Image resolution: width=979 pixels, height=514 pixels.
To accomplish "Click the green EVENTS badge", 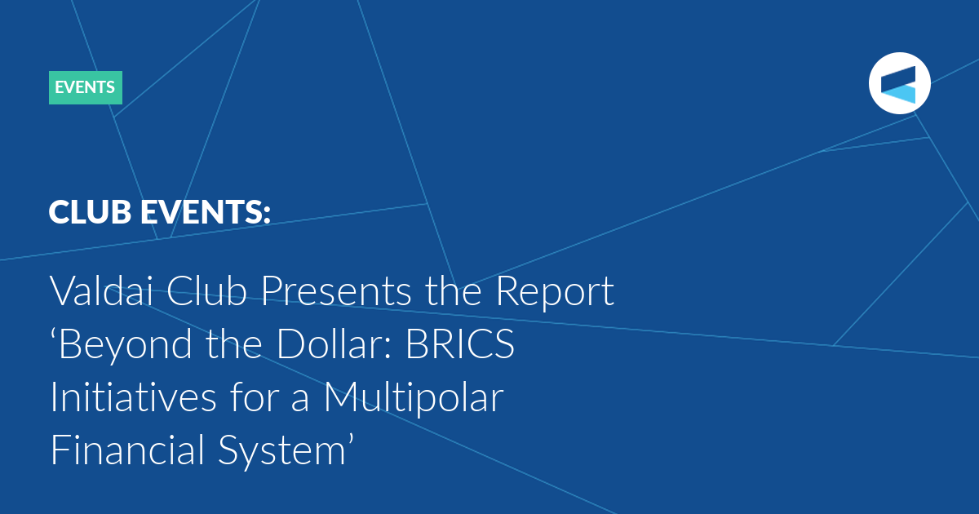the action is (85, 87).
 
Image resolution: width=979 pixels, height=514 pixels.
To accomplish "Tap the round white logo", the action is (899, 83).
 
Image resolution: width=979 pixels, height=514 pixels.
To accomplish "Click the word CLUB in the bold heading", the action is (90, 212).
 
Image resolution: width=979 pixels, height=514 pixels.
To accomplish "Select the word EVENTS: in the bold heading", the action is (206, 212).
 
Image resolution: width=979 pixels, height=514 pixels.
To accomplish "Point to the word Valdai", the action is (101, 290).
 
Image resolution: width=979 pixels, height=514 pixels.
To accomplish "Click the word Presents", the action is (336, 290).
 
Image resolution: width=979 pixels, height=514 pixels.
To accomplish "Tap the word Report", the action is (555, 294).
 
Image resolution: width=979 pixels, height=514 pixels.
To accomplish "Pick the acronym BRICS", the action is (460, 343).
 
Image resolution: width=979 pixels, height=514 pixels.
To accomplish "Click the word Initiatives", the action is (133, 397).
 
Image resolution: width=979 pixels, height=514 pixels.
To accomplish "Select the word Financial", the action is (127, 450).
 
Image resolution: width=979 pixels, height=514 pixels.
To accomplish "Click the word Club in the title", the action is (206, 290).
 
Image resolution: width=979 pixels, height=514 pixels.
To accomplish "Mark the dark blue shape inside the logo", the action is (898, 78).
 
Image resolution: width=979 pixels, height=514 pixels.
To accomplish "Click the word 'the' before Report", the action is (454, 290).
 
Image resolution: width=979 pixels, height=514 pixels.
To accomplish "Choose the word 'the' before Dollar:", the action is (234, 343).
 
